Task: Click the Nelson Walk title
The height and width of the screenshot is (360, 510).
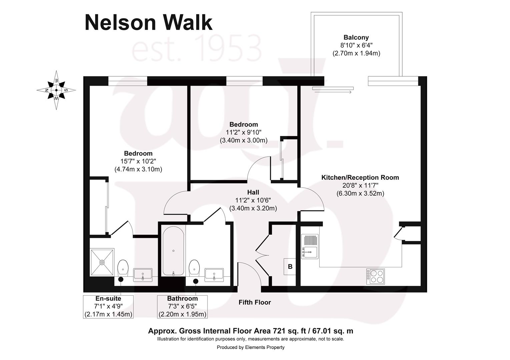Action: coord(148,23)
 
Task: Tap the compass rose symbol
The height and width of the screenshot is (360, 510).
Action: coord(56,90)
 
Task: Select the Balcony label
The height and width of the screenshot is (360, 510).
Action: coord(356,38)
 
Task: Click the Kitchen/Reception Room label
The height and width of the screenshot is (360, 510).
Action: coord(360,178)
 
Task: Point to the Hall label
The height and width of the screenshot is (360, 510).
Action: coord(253,192)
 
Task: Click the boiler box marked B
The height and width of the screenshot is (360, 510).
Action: coord(290,267)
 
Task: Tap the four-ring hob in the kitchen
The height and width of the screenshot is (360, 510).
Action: coord(376,276)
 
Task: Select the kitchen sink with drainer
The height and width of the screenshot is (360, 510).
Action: coord(310,246)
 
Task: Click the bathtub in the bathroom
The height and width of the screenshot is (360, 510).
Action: coord(173,251)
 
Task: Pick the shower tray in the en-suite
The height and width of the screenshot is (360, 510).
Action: coord(102,262)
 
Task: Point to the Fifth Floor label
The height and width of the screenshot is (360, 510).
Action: coord(254,302)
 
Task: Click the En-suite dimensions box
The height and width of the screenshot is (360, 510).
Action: coord(108,307)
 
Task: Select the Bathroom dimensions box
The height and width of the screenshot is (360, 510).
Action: coord(182,307)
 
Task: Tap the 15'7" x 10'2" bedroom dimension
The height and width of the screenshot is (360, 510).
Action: coord(138,161)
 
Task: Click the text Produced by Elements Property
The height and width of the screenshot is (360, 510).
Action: coord(250,347)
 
